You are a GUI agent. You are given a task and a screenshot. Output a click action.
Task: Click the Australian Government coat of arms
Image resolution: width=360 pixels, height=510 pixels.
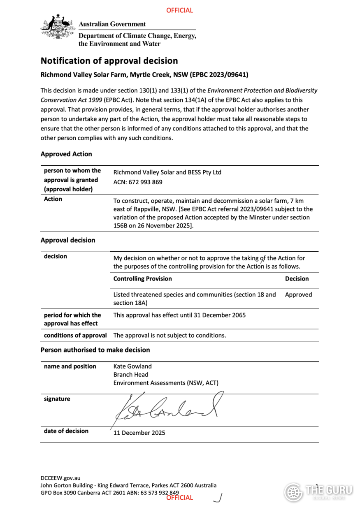[57, 27]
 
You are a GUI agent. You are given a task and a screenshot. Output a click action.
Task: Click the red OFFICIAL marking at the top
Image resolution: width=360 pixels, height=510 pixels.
[179, 10]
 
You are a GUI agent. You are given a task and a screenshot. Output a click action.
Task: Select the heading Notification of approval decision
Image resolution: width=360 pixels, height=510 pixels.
[109, 61]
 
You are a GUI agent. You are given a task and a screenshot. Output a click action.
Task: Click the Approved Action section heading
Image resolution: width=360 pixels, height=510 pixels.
[66, 154]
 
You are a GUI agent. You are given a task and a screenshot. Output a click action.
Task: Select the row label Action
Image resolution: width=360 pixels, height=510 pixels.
[53, 199]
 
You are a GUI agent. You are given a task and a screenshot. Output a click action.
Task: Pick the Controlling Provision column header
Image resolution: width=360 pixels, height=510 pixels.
[142, 279]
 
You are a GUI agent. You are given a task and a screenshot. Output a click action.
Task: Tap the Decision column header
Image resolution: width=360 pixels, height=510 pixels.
[297, 279]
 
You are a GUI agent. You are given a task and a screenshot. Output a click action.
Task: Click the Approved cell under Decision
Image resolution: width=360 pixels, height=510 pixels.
[298, 294]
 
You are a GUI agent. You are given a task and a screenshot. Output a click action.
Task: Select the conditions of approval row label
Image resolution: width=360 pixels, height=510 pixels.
[75, 335]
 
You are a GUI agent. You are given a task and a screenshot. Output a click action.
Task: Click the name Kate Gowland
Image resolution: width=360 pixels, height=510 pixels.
[132, 366]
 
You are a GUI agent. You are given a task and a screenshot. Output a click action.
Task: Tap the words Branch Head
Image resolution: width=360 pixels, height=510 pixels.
[131, 375]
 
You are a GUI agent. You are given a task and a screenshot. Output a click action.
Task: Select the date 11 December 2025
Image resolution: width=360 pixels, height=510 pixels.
[139, 433]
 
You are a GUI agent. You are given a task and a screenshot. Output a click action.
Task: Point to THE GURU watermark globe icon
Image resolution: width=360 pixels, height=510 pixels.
[293, 491]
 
